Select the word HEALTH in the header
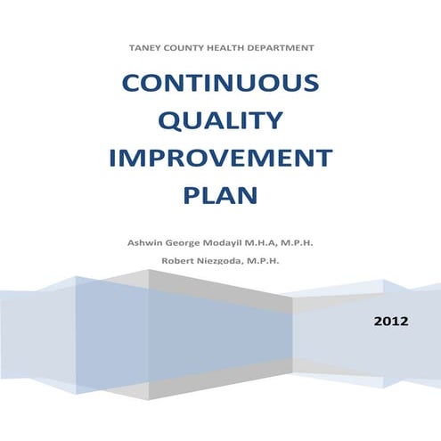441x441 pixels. tap(224, 46)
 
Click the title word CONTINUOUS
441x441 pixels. tap(220, 85)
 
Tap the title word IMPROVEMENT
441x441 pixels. tap(220, 159)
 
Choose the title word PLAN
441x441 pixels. tap(220, 195)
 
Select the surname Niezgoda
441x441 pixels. tap(223, 259)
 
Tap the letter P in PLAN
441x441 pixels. tap(192, 195)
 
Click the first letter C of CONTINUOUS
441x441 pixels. tap(131, 85)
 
